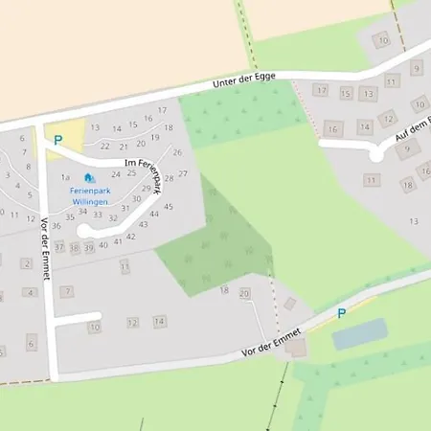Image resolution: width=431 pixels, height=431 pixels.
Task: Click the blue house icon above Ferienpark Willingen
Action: point(89,177)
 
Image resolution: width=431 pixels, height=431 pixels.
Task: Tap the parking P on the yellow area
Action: point(57,140)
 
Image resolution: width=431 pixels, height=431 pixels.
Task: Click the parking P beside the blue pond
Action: point(341,313)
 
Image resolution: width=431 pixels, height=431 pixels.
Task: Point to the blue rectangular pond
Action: point(359,334)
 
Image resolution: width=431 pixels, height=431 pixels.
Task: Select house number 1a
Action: point(65,177)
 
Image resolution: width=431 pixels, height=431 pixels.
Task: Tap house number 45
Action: point(169,206)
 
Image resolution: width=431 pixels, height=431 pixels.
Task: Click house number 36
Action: point(57,226)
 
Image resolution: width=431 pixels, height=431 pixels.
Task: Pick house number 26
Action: point(177,152)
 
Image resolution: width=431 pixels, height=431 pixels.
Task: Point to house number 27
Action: point(182,173)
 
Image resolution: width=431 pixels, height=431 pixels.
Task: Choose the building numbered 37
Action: point(59,247)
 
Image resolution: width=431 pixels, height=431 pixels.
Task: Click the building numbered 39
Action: point(89,247)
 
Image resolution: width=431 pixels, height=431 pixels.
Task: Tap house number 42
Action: point(131,236)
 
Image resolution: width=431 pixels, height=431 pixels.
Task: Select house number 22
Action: point(105,146)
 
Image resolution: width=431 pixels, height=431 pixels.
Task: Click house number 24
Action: point(117,174)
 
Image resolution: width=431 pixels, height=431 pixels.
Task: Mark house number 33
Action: point(98,215)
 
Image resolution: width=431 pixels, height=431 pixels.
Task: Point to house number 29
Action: point(147,189)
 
